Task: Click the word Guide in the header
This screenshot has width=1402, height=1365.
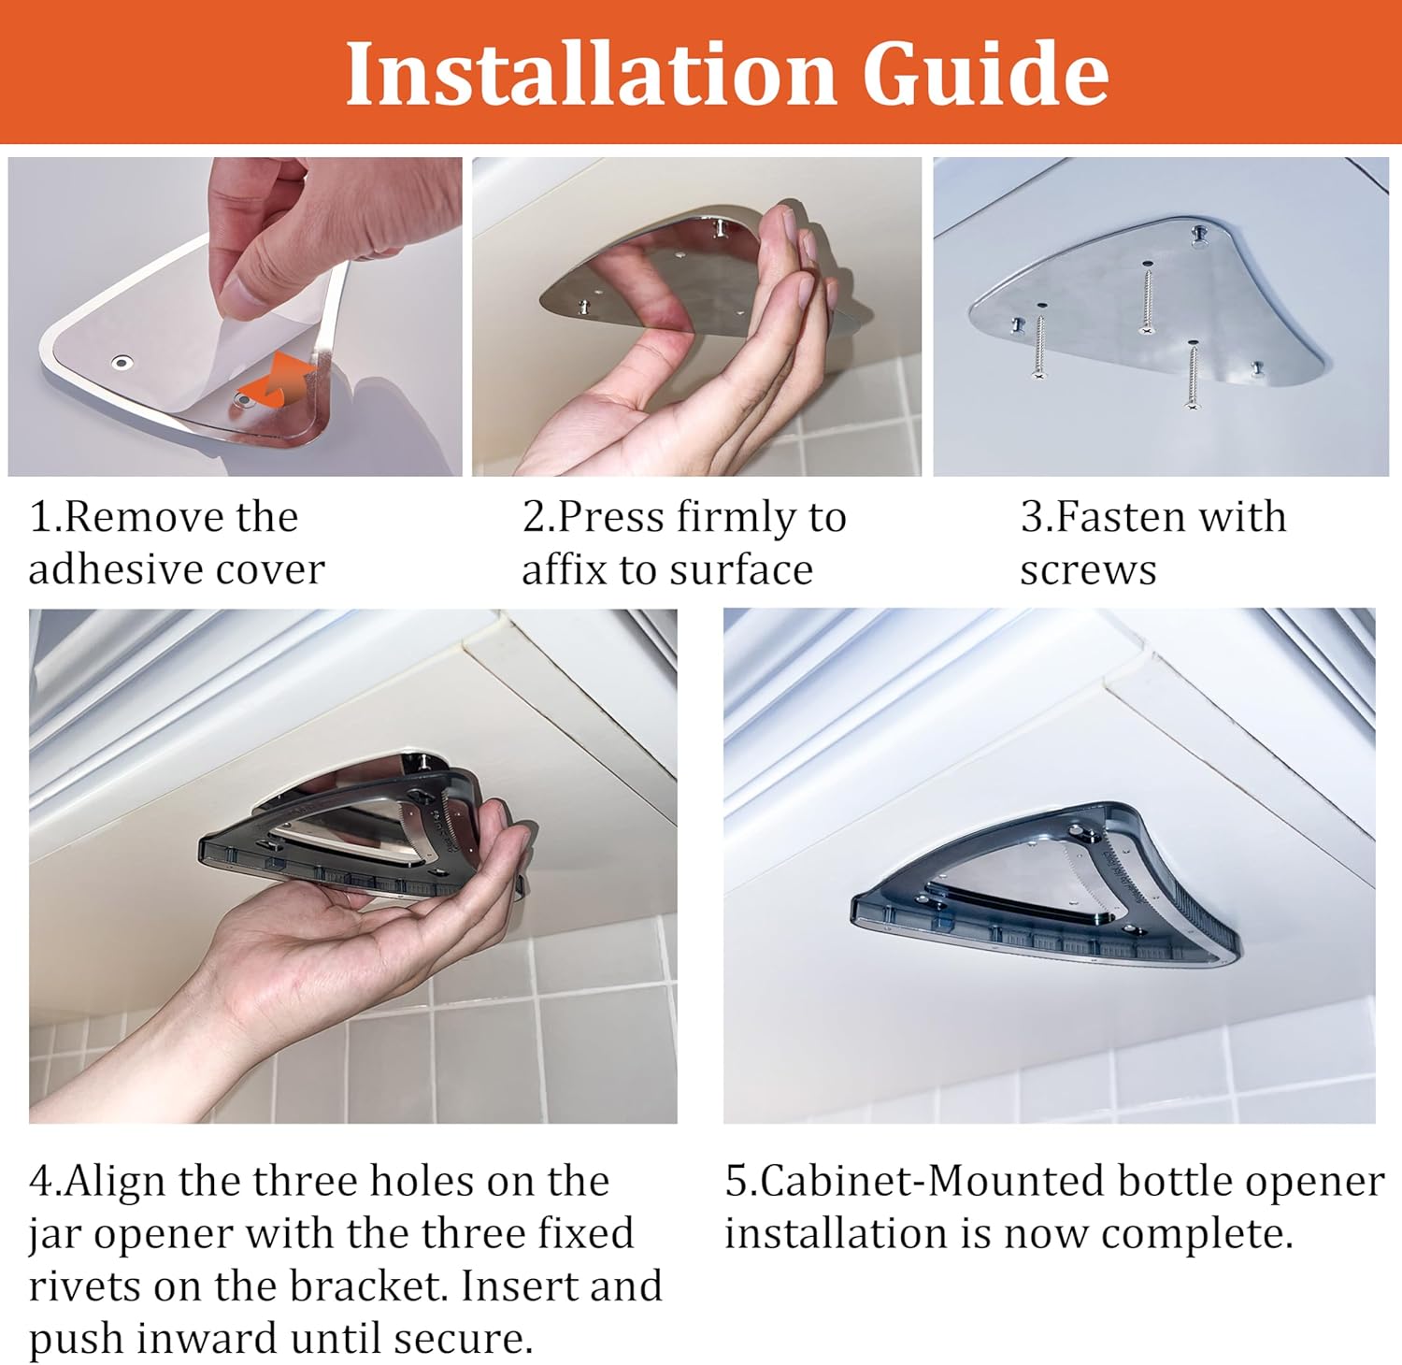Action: [x=985, y=74]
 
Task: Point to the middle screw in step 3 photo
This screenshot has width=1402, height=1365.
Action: [x=1145, y=300]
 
